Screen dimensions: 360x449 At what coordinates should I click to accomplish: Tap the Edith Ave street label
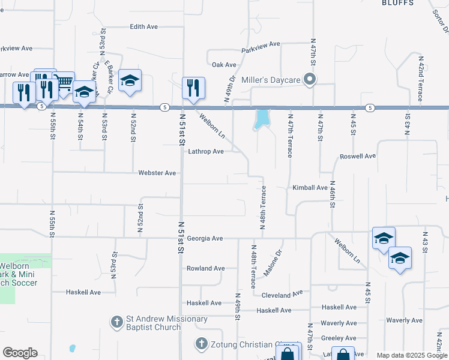point(144,27)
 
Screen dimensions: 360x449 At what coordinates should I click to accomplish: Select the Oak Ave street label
point(224,65)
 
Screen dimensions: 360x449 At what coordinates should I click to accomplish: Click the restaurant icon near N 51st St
point(193,88)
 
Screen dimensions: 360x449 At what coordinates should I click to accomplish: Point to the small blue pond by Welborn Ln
point(261,119)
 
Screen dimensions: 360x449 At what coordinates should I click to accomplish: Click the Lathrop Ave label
point(206,152)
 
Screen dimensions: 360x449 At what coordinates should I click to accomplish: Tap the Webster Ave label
point(157,173)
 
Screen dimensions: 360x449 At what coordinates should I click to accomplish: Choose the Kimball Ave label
point(310,188)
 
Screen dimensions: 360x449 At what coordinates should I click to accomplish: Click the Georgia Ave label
point(205,239)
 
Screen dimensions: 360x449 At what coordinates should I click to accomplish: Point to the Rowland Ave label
point(205,268)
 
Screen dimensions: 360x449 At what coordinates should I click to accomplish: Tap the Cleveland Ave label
point(282,295)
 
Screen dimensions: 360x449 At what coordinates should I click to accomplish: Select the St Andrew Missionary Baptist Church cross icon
point(118,322)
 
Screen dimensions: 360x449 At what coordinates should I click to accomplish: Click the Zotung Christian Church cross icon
point(202,344)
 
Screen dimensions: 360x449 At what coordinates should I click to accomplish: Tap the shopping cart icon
point(64,83)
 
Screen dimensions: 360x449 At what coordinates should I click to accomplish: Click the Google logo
point(20,353)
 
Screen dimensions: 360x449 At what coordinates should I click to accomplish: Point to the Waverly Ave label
point(339,323)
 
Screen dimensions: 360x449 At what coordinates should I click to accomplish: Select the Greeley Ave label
point(339,338)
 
